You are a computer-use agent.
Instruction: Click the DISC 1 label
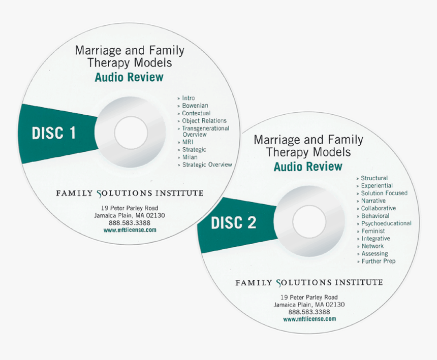(54, 134)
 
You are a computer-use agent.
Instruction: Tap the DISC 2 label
(233, 222)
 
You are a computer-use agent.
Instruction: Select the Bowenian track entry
(196, 106)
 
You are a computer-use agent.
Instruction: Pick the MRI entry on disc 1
(188, 142)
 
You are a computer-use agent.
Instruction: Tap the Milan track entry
(190, 157)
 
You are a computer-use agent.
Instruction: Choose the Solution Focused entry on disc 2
(384, 193)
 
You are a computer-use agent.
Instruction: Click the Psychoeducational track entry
(386, 223)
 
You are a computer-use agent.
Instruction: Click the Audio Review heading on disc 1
(129, 77)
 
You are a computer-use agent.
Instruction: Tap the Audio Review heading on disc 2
(308, 167)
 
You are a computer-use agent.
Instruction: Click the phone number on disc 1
(130, 222)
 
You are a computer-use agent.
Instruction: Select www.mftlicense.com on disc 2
(309, 319)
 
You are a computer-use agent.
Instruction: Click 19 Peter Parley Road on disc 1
(130, 208)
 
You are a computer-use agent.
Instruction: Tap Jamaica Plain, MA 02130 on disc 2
(309, 305)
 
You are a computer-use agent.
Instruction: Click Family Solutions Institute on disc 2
(309, 282)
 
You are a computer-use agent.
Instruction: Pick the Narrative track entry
(373, 201)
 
